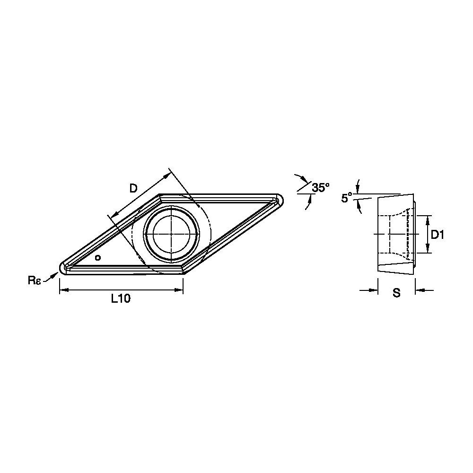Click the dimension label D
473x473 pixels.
[x=133, y=189]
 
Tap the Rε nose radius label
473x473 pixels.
[x=34, y=280]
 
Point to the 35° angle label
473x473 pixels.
[x=321, y=188]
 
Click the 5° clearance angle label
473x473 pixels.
[x=347, y=198]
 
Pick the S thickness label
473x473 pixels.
[x=397, y=293]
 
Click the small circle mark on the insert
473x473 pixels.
[x=97, y=258]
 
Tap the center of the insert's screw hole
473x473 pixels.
[x=171, y=234]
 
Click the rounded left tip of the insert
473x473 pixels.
[x=61, y=268]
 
